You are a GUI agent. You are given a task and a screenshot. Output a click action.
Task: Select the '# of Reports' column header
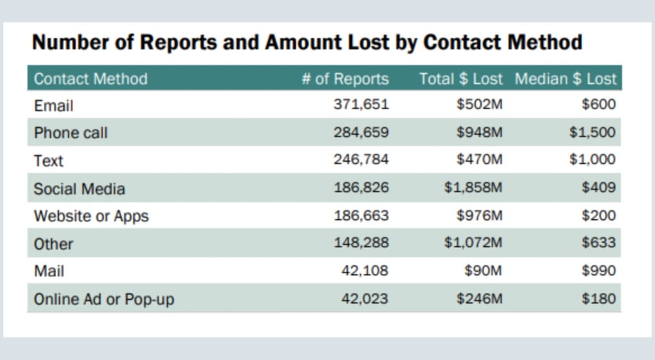coord(345,79)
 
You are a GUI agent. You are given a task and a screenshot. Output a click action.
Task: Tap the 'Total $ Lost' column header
coord(461,79)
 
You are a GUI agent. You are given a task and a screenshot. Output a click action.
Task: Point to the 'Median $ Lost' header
coord(565,79)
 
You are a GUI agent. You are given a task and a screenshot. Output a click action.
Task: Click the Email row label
coord(54,106)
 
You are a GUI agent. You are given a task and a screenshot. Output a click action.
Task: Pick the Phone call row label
coord(70,133)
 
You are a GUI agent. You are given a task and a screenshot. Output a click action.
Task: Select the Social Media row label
coord(79,189)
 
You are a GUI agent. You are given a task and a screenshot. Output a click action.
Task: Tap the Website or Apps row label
coord(91,216)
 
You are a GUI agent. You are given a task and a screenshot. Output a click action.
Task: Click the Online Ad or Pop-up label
coord(104,299)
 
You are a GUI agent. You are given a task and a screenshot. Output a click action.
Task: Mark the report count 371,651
coord(361,104)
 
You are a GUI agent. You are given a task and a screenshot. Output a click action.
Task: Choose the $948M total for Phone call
coord(479,132)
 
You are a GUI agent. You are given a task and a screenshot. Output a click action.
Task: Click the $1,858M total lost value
coord(473,187)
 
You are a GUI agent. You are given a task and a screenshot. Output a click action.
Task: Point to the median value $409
coord(599,187)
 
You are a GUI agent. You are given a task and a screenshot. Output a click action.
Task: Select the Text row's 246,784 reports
coord(361,159)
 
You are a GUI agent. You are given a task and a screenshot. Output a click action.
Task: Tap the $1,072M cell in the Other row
coord(473,242)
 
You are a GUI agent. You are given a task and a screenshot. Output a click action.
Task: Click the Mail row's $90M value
coord(483,270)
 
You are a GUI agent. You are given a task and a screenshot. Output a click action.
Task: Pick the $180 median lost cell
coord(599,299)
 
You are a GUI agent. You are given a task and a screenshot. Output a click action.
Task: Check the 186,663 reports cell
coord(361,215)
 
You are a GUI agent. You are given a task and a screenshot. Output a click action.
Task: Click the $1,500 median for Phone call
coord(592,132)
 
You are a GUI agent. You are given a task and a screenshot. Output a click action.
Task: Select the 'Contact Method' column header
coord(91,79)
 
